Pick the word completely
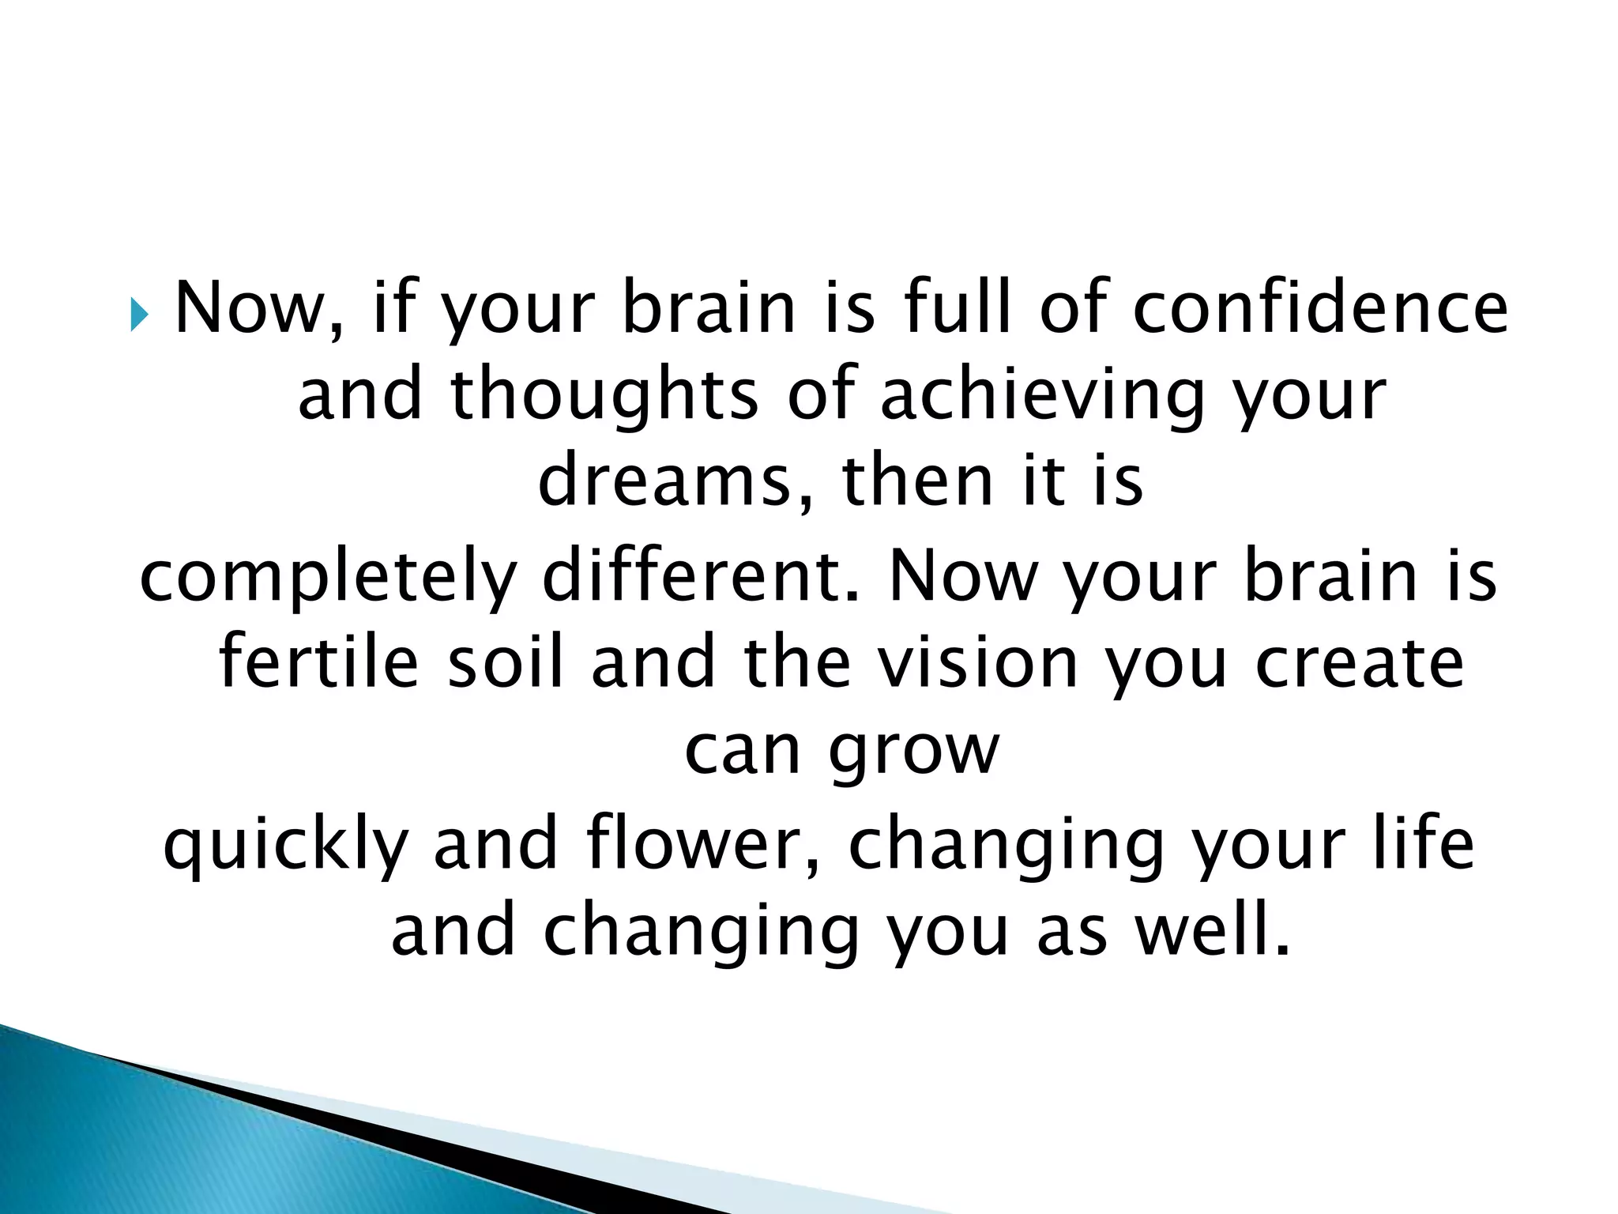(326, 577)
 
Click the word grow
(914, 751)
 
